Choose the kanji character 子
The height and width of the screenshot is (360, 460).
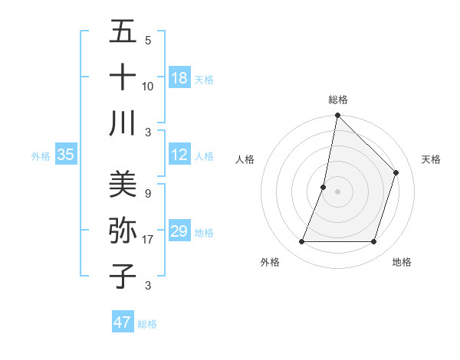pos(123,276)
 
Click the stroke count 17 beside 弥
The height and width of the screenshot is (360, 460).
pos(148,240)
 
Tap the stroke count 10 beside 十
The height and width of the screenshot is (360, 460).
pos(148,86)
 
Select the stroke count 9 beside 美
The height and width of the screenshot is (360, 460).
pos(148,194)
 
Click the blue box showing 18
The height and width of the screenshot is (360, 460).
pos(179,78)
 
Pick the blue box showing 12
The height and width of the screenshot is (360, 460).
pos(179,155)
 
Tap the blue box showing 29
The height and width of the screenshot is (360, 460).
pos(179,231)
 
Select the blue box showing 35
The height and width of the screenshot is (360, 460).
pos(66,155)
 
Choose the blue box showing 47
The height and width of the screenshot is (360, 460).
pos(123,322)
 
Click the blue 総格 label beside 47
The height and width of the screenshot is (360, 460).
pos(148,324)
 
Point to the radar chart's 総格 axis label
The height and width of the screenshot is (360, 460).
pos(338,100)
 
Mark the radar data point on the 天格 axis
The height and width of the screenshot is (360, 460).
pos(396,172)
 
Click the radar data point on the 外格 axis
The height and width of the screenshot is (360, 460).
pos(302,242)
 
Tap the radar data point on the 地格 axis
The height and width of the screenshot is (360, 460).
pos(374,242)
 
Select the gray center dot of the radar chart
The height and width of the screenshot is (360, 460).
pos(338,191)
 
